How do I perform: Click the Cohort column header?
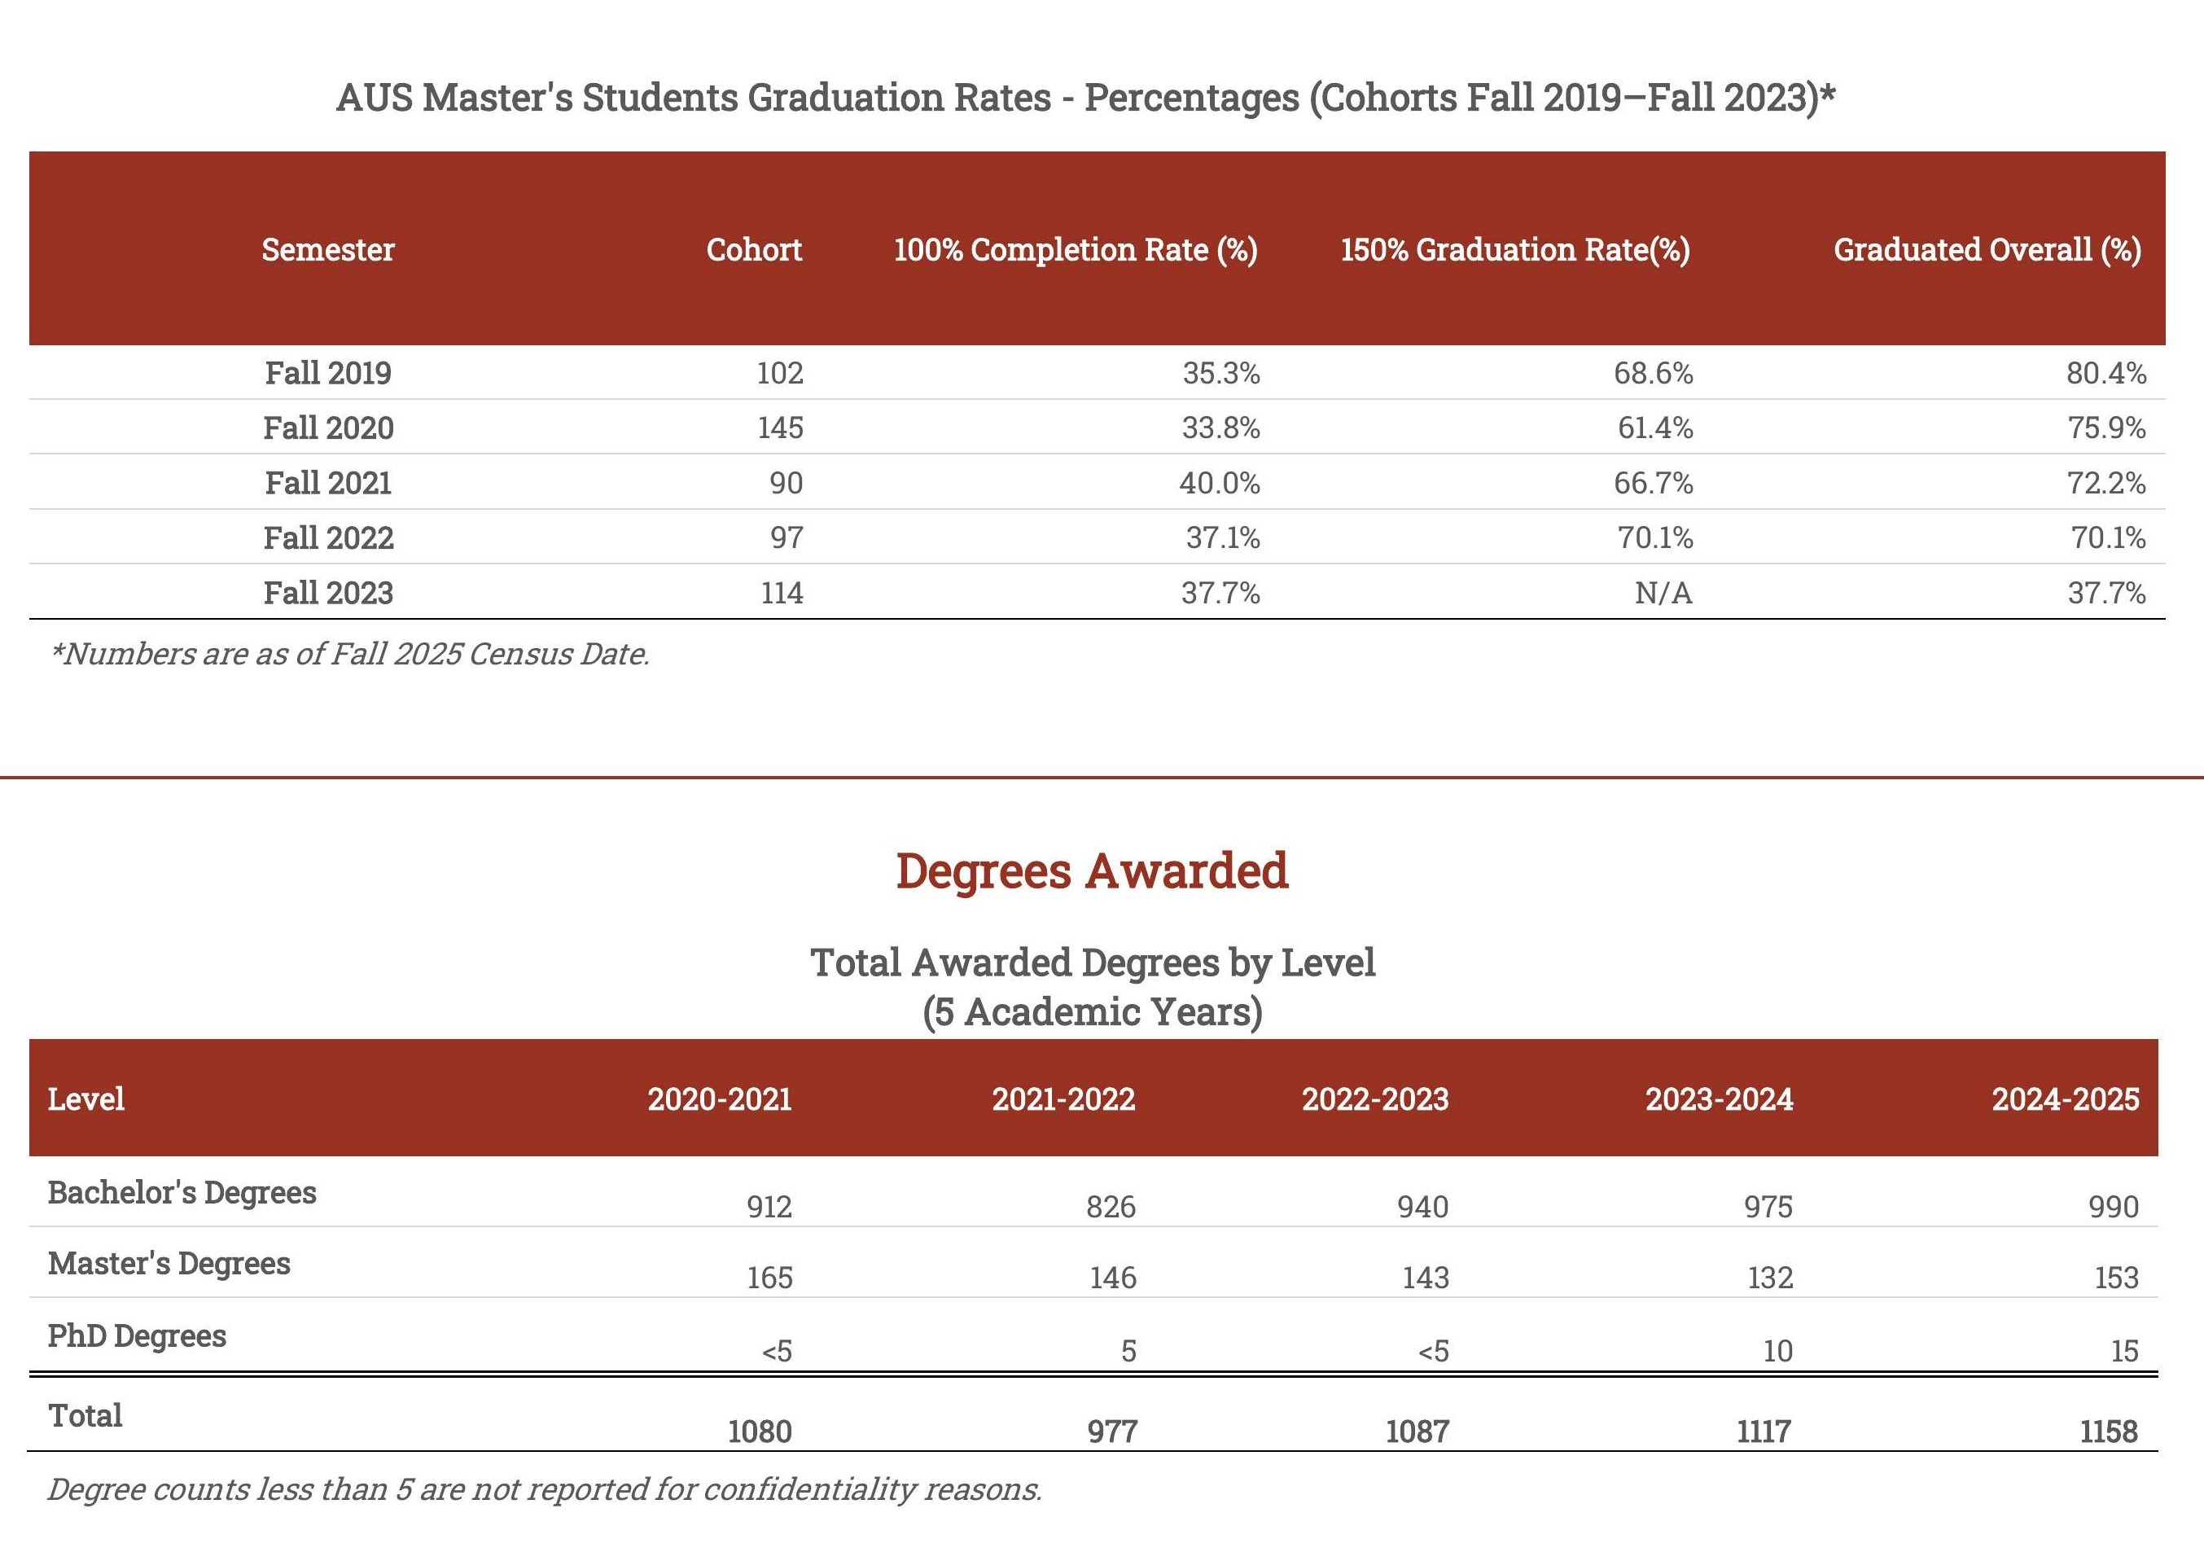point(754,250)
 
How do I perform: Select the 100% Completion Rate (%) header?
point(1076,250)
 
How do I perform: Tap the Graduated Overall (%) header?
point(1987,250)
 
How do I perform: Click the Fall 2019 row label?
point(328,373)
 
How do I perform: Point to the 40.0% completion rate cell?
point(1220,483)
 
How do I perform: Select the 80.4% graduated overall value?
point(2106,373)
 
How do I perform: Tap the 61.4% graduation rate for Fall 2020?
point(1654,428)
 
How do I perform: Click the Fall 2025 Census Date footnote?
point(351,655)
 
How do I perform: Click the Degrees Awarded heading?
point(1092,870)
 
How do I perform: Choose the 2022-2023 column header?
point(1374,1099)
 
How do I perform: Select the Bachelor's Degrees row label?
point(182,1193)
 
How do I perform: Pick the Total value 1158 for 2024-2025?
point(2109,1432)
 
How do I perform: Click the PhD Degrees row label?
point(137,1336)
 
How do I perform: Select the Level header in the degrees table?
point(86,1099)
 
